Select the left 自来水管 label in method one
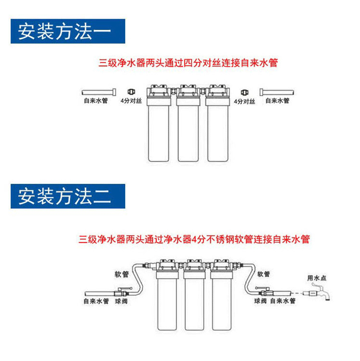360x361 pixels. pos(95,101)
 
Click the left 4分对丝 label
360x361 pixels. pos(131,101)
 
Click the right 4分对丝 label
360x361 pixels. pos(244,101)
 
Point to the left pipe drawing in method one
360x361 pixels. pos(98,91)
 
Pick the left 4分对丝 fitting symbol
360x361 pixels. pos(130,91)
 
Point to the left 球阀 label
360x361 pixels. pos(120,302)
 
